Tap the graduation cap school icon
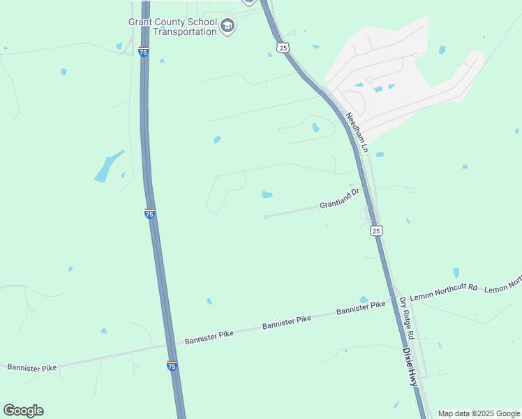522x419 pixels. [x=228, y=27]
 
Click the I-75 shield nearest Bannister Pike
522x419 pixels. [x=172, y=365]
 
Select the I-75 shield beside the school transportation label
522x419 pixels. [x=143, y=52]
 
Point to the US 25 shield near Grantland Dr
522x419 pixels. [x=376, y=230]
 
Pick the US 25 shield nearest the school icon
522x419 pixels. [x=282, y=47]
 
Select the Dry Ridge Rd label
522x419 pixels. [x=407, y=319]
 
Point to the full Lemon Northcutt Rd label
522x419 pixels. [x=443, y=292]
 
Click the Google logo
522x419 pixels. [x=23, y=411]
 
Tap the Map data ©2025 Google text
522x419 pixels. [x=479, y=413]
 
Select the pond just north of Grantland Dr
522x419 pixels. [x=267, y=194]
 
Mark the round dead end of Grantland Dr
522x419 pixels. [x=265, y=217]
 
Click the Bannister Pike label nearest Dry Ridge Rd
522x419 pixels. [x=361, y=309]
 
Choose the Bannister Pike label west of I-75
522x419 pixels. [x=31, y=366]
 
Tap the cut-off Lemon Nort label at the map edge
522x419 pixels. [x=503, y=284]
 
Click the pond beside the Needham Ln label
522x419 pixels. [x=380, y=154]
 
